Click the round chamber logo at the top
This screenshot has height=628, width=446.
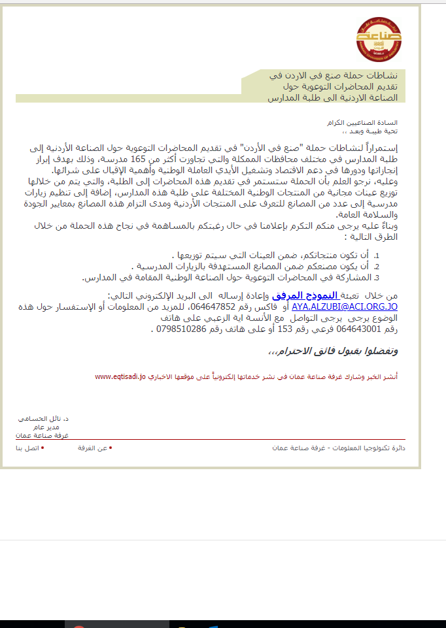point(380,37)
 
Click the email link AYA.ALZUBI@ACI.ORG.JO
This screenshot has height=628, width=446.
point(345,306)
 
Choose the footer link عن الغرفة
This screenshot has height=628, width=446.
point(93,448)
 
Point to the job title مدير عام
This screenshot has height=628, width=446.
point(56,426)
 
